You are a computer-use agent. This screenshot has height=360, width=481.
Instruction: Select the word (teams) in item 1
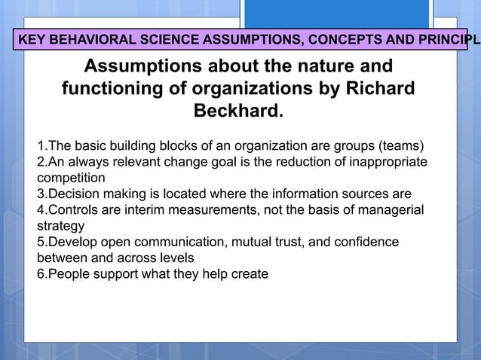click(401, 146)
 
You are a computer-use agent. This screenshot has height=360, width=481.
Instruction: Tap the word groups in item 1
click(354, 146)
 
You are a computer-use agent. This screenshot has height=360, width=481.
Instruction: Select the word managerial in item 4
click(391, 210)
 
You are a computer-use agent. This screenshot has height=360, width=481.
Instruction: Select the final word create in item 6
click(248, 273)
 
